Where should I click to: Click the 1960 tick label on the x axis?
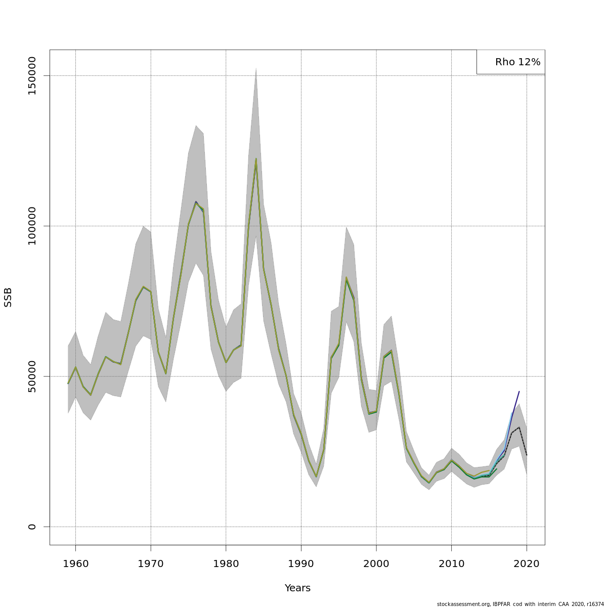[75, 564]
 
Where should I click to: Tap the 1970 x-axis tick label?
[151, 564]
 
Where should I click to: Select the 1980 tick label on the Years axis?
[226, 564]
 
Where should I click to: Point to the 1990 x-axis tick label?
[301, 564]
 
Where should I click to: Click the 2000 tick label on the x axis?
[376, 564]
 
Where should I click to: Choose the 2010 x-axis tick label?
[451, 564]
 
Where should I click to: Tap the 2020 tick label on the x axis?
[527, 564]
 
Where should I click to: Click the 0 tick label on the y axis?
[32, 527]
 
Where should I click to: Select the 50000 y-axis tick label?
[32, 376]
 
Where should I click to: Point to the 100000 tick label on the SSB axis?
[32, 226]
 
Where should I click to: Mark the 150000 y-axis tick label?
[32, 76]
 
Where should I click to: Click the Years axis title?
[297, 588]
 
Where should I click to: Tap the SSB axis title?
[8, 297]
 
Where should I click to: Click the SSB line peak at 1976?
[196, 202]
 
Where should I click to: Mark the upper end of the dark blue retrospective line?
[519, 391]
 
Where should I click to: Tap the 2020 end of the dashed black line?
[527, 455]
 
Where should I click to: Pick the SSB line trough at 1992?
[316, 476]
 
